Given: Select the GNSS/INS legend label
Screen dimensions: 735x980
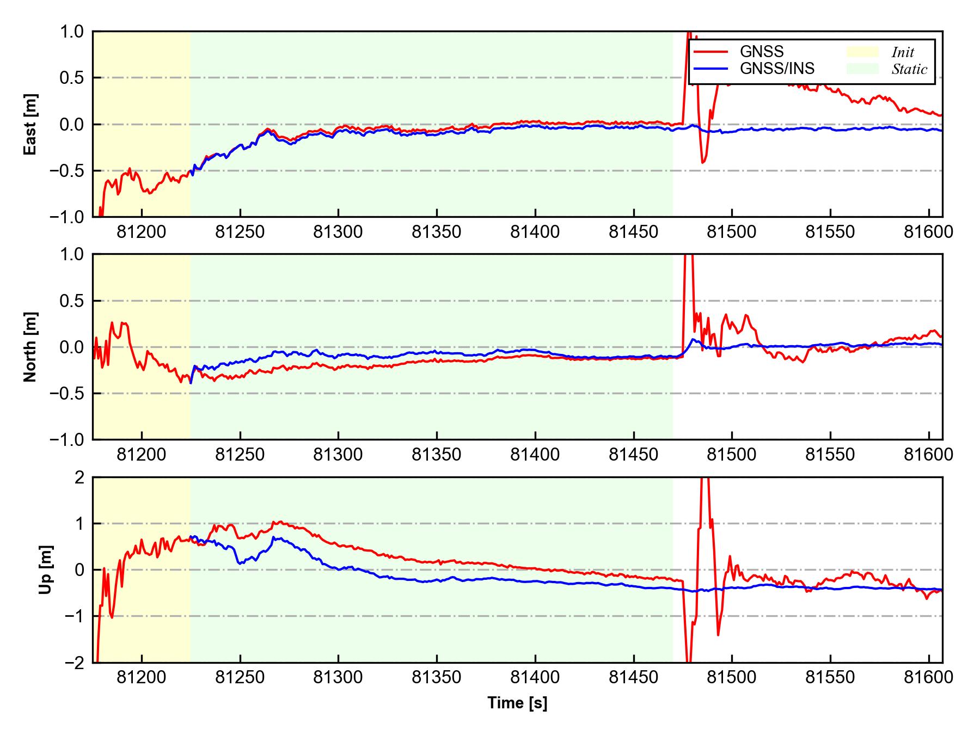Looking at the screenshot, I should [777, 69].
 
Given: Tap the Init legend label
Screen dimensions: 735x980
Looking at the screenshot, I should [903, 53].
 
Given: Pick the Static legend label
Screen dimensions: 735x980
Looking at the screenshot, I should [909, 70].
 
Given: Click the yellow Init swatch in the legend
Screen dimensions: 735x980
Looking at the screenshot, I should [862, 52].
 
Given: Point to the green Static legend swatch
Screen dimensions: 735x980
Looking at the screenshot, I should [862, 69].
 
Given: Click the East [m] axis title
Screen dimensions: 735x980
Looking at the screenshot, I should [30, 124].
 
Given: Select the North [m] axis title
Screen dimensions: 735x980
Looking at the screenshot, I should [30, 347].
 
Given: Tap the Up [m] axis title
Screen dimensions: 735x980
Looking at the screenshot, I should [46, 569].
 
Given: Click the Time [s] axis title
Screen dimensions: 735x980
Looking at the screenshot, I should [517, 703].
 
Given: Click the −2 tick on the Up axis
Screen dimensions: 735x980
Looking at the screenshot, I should [75, 663].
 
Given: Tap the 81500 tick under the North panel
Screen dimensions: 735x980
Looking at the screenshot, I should [732, 455].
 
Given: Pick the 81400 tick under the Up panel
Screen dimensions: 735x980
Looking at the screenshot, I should [535, 677].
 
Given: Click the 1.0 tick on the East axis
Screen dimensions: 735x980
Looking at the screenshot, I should [72, 32].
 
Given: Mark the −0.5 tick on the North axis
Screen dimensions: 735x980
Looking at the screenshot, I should [67, 394].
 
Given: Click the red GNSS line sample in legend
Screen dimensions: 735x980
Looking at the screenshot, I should [710, 52].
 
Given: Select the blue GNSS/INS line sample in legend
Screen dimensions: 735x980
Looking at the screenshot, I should [710, 69].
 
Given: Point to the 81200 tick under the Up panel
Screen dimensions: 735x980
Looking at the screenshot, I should [142, 677].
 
